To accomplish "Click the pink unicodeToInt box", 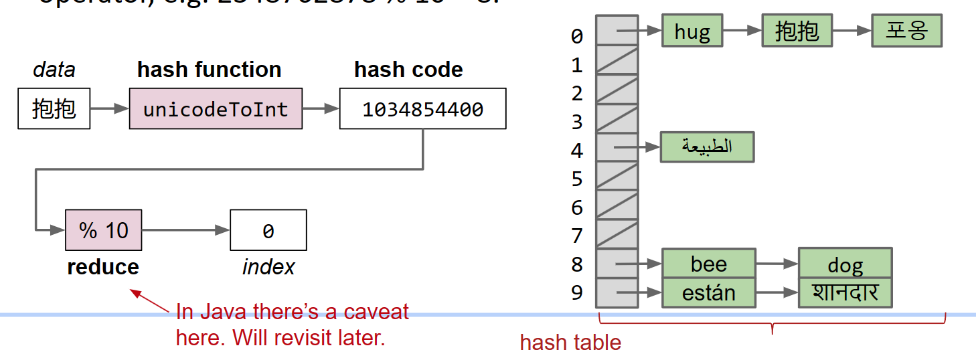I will (216, 108).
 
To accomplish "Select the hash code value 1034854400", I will (422, 108).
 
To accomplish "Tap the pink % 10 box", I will (103, 230).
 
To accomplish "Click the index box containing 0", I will (268, 230).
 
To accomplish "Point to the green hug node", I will (692, 31).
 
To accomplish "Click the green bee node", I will (708, 264).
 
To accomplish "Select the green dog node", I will (845, 264).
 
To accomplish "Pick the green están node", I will (708, 293).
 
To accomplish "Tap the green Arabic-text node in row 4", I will (707, 147).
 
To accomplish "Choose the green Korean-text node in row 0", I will (906, 31).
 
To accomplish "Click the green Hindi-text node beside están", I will (845, 293).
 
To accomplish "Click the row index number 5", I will (577, 179).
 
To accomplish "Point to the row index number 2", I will (577, 94).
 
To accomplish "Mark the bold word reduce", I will (103, 267).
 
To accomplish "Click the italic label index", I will (268, 267).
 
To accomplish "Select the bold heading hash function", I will (209, 70).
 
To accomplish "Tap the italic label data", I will (54, 70).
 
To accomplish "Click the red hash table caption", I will (570, 343).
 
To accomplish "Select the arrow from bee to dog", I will (777, 264).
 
